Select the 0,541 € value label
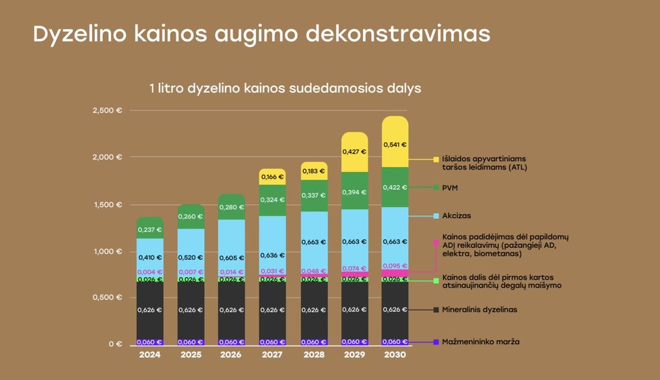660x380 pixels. coord(395,144)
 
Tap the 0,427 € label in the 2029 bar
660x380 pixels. coord(354,152)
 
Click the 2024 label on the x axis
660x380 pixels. coord(150,354)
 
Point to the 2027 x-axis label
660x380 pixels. coord(272,354)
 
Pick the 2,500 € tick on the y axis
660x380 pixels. coord(108,110)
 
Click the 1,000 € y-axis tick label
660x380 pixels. coord(108,251)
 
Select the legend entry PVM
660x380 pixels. coord(451,187)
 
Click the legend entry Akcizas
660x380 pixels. coord(456,216)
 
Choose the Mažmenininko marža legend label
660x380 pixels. coord(481,342)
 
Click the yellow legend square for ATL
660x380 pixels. coord(436,160)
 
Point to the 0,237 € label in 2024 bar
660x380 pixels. coord(150,230)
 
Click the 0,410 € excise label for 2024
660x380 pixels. coord(150,257)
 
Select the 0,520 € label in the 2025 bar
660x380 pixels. coord(191,257)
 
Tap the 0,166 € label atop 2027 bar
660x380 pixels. coord(272,177)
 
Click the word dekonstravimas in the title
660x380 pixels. coord(397,34)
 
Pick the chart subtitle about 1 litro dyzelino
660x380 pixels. coord(285,88)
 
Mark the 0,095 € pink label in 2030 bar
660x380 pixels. coord(395,265)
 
